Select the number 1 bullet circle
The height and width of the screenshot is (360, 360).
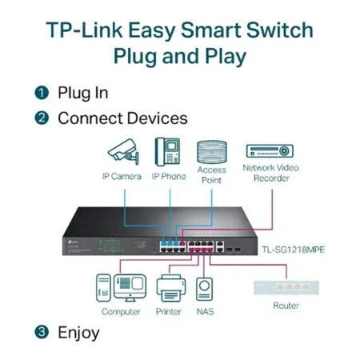[x=41, y=93]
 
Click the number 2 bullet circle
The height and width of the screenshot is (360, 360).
[x=41, y=118]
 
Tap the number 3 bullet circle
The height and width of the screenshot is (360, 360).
[x=41, y=331]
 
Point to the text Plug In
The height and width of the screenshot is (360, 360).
[x=82, y=93]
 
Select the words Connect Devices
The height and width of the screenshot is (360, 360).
[x=122, y=118]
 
